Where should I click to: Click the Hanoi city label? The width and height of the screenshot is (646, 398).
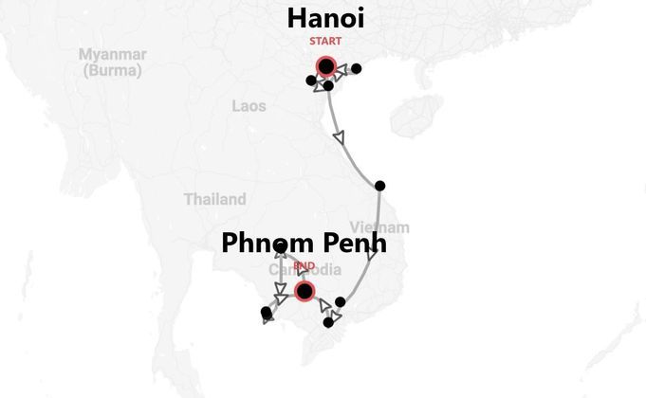point(325,19)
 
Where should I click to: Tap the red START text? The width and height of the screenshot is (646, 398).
point(325,42)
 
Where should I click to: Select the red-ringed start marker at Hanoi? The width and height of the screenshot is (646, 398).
point(326,66)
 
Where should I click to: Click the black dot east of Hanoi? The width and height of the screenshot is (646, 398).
point(357,68)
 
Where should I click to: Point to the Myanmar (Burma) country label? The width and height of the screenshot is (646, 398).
point(112,62)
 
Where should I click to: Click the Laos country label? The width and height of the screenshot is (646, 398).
point(249,106)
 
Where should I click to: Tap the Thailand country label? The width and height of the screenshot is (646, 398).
point(214,199)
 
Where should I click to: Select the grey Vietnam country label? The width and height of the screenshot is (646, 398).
point(379,227)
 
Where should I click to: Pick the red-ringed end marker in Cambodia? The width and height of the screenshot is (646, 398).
point(305,291)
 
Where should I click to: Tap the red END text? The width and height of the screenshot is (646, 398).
point(304,267)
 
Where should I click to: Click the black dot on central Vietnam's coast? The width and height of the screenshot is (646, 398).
point(380,186)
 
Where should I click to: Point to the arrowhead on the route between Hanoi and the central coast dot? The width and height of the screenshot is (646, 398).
point(340,138)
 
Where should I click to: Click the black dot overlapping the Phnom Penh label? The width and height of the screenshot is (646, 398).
point(281,247)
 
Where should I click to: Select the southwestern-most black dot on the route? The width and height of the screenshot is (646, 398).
point(266,313)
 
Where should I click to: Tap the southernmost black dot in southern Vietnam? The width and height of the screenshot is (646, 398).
point(328,323)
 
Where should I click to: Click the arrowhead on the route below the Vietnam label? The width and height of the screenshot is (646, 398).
point(373,255)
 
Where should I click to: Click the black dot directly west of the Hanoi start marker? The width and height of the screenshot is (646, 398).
point(311,80)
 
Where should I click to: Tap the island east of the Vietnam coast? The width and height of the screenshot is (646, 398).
point(415,116)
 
